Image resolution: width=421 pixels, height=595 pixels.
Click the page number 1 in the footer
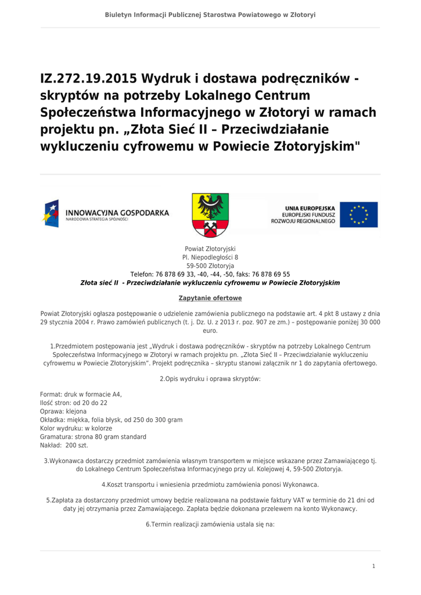[x=374, y=566]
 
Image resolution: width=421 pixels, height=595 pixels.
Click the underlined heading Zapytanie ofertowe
[x=210, y=298]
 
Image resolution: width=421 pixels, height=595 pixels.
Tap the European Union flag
[x=359, y=214]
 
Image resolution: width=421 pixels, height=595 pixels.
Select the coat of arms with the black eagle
[x=210, y=215]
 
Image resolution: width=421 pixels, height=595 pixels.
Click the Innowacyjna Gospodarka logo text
[x=117, y=213]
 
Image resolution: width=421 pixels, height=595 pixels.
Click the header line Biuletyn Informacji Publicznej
[x=210, y=15]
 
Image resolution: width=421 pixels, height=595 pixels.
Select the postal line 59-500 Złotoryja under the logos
[x=210, y=266]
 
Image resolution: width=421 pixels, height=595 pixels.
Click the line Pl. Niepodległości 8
[x=210, y=257]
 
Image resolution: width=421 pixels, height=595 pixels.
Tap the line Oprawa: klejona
[x=63, y=411]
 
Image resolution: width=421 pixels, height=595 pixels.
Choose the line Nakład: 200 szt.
[x=64, y=445]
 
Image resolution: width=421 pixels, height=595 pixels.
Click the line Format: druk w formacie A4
[x=81, y=394]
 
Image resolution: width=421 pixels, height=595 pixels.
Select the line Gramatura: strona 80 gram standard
[x=93, y=436]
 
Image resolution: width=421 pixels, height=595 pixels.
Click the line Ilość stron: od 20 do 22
[x=73, y=403]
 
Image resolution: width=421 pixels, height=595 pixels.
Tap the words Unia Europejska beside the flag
[x=310, y=207]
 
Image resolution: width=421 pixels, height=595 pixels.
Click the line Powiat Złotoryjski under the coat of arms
[x=210, y=249]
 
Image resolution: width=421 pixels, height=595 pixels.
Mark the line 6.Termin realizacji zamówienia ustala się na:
[x=210, y=524]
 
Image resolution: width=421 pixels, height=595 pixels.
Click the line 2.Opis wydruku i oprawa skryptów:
[x=210, y=379]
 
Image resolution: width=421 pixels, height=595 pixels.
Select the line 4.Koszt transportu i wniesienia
[x=210, y=484]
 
